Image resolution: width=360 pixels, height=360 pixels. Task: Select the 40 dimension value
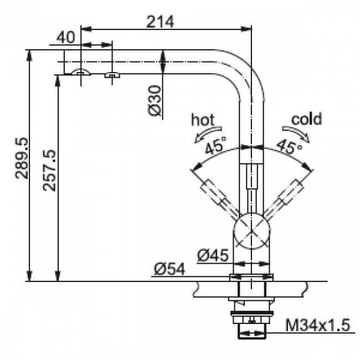(x=65, y=38)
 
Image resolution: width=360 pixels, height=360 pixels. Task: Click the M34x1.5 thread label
(x=318, y=325)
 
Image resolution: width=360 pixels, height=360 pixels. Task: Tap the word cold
(x=306, y=119)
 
